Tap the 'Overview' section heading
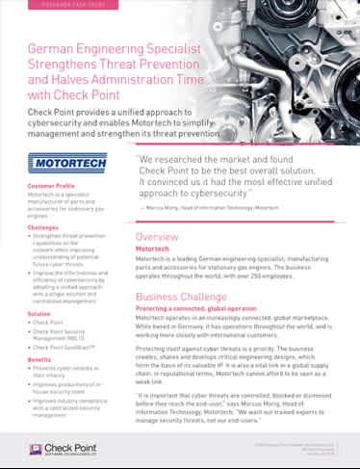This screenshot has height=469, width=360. coord(156,237)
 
